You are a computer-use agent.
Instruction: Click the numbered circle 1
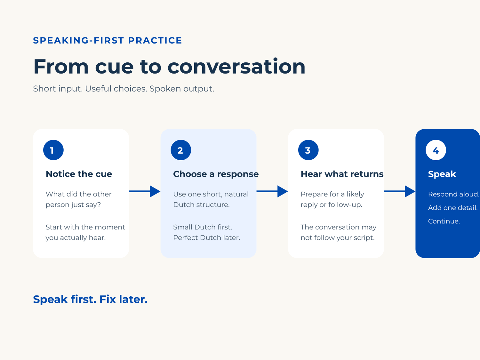point(53,150)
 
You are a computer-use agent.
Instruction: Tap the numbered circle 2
point(181,150)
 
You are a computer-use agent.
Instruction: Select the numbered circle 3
point(308,150)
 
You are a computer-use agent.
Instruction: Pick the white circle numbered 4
point(436,150)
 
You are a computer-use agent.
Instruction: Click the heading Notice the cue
point(79,174)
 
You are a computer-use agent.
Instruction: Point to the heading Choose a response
point(216,174)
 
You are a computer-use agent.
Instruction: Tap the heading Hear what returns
point(342,174)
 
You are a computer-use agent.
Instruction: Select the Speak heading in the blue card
point(442,174)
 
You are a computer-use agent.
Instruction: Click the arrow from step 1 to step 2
point(145,191)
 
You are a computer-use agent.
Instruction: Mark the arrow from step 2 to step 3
point(272,191)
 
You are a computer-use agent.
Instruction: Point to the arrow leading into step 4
point(400,191)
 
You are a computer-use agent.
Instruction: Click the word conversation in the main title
point(236,67)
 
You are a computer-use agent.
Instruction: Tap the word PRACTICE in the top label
point(155,40)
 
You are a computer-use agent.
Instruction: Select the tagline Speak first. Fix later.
point(90,299)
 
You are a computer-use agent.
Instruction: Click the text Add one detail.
point(453,208)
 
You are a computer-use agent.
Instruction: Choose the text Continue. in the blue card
point(444,221)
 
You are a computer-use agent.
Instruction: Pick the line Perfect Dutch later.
point(207,237)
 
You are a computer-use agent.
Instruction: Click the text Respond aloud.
point(454,194)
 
